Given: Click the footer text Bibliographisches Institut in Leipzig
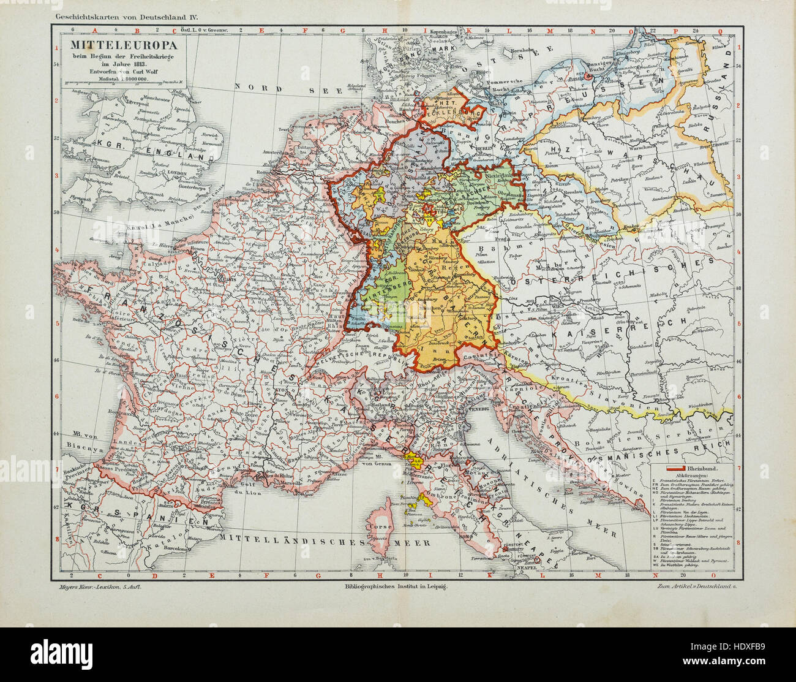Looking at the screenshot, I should pyautogui.click(x=396, y=587).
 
